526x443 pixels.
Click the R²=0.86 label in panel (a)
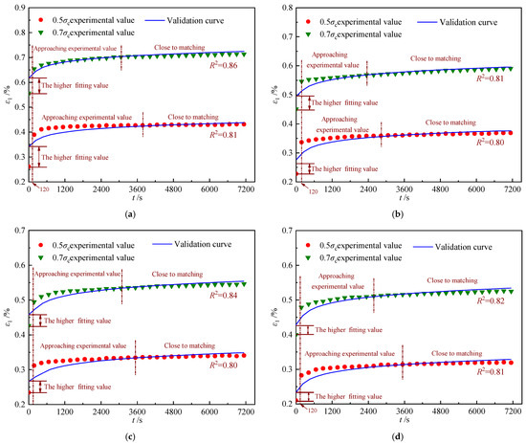[x=226, y=70]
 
